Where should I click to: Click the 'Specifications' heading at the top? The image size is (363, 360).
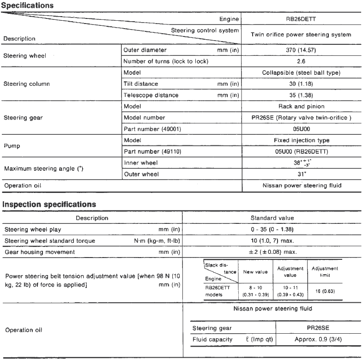[x=28, y=6]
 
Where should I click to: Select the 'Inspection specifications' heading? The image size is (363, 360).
[x=49, y=204]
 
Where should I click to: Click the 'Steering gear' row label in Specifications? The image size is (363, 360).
[x=23, y=118]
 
